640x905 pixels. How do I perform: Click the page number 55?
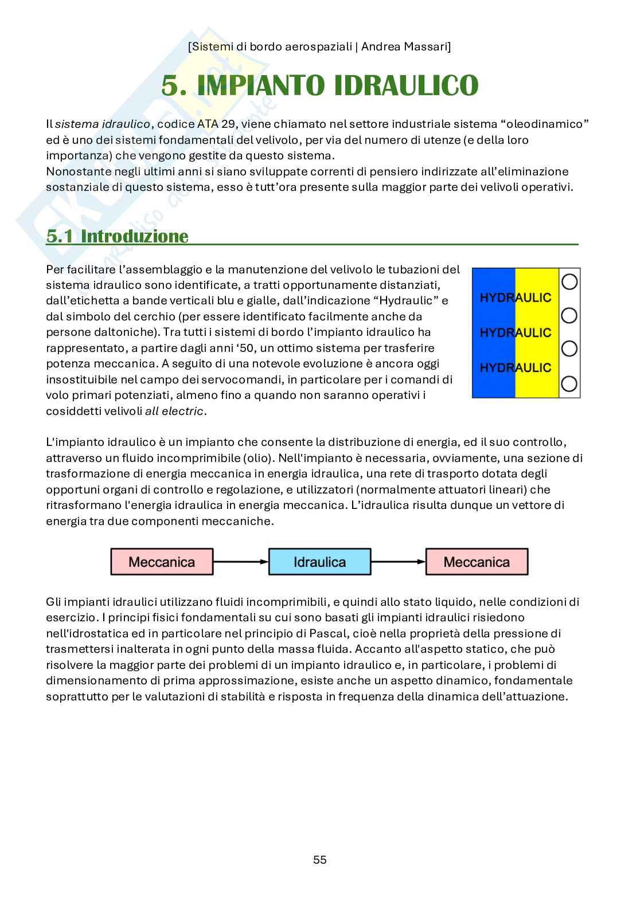click(320, 860)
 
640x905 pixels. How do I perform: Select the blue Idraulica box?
click(319, 562)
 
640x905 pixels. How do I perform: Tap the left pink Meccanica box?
click(162, 562)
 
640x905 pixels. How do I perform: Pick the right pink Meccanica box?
click(477, 562)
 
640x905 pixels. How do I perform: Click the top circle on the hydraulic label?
click(569, 281)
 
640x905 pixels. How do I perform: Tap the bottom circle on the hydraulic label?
click(569, 383)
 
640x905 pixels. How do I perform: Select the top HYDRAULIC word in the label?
click(515, 297)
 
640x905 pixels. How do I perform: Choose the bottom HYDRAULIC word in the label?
click(515, 367)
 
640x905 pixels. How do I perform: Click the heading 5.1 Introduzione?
click(117, 236)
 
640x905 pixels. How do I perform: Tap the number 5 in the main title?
click(170, 85)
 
